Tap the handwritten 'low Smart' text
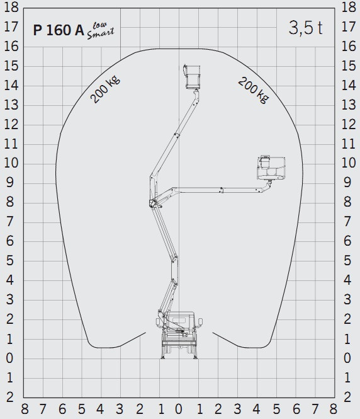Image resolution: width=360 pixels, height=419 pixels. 100,30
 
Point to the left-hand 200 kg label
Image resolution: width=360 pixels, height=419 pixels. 105,89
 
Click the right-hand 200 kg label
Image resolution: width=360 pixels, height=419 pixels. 252,89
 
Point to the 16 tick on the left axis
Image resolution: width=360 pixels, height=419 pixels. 11,47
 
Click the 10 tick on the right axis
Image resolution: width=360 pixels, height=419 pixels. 348,163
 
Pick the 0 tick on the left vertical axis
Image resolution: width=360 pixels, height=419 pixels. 11,359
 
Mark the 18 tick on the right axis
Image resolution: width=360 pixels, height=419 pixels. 348,8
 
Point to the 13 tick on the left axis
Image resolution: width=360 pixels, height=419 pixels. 11,105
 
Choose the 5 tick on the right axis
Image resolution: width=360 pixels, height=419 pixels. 348,261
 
